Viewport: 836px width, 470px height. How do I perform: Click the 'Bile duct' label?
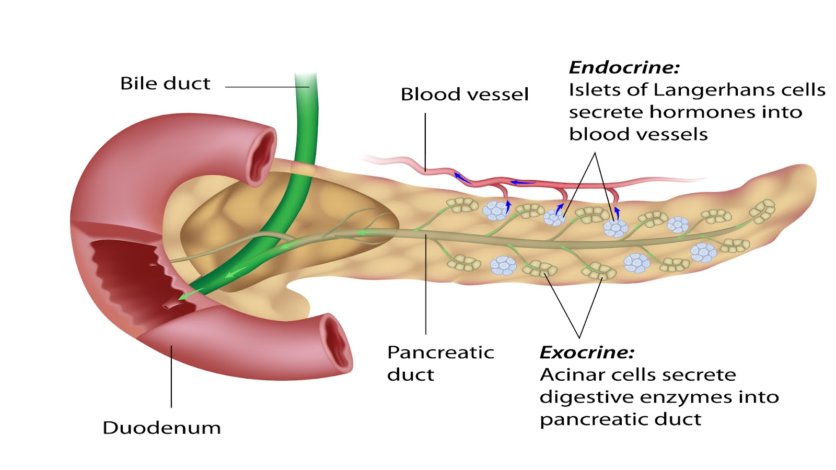[x=165, y=84]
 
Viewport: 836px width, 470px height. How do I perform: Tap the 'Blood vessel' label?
[x=465, y=95]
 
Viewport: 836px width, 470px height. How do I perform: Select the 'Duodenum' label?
[x=161, y=428]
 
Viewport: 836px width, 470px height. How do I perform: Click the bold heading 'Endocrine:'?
[x=624, y=67]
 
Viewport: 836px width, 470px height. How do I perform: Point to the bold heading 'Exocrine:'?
[x=586, y=352]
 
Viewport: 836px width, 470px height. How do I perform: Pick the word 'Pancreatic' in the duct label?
[x=440, y=352]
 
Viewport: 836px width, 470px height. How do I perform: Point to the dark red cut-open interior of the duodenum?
[x=131, y=272]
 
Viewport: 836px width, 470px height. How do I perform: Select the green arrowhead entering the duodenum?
[x=183, y=296]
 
